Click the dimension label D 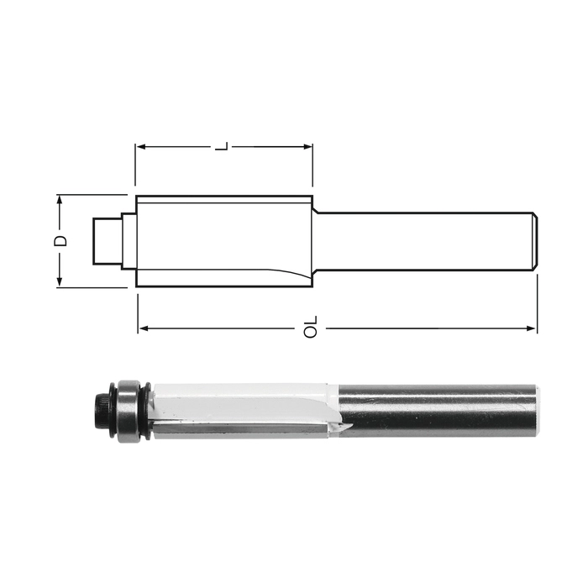[x=60, y=241]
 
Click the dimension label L [x=221, y=146]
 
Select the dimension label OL [x=311, y=328]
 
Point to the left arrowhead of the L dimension [x=140, y=146]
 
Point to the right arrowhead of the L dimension [x=307, y=146]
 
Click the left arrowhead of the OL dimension [x=144, y=329]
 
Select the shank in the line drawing [x=425, y=241]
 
